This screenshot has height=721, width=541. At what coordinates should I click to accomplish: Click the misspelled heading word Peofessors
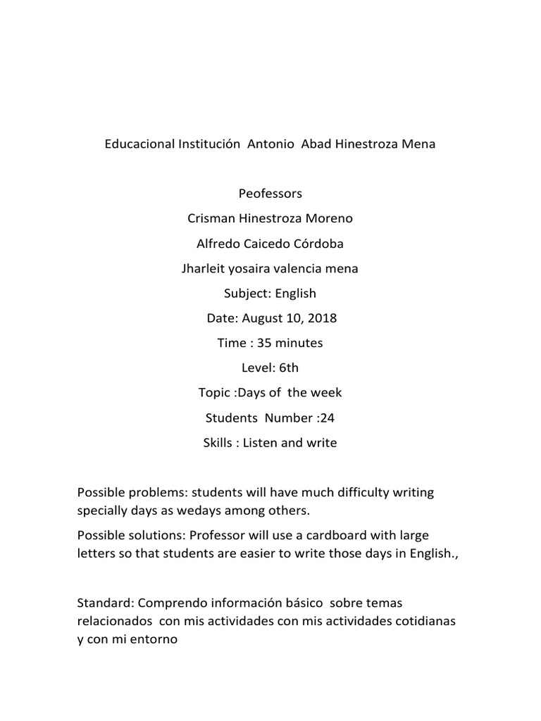(270, 193)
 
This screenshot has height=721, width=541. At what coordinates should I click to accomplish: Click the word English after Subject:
(296, 293)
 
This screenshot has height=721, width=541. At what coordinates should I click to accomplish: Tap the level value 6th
(289, 368)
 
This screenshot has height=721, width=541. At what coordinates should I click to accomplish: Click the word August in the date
(263, 318)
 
